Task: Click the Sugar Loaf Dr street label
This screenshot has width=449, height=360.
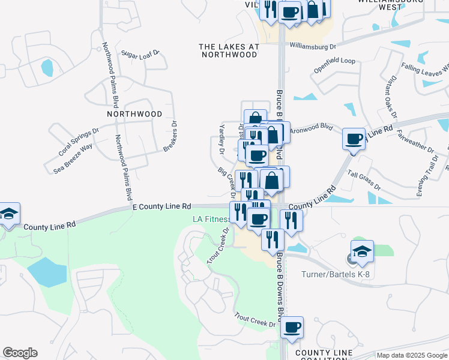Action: pos(140,53)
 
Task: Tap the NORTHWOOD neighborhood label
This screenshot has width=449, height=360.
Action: pos(134,113)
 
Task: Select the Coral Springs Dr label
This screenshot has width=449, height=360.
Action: pos(79,142)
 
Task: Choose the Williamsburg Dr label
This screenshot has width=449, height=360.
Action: pos(313,45)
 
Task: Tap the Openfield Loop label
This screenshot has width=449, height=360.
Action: pos(334,65)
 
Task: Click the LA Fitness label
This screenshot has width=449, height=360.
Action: pos(210,219)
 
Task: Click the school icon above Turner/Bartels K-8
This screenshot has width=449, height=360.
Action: pos(362,252)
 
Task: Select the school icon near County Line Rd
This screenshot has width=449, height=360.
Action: pos(9,214)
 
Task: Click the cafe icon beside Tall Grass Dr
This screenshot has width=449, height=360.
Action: pos(354,140)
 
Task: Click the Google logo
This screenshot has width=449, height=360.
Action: pos(20,353)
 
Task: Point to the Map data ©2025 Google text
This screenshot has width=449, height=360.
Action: pos(411,355)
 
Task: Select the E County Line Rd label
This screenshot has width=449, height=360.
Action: pos(161,206)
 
